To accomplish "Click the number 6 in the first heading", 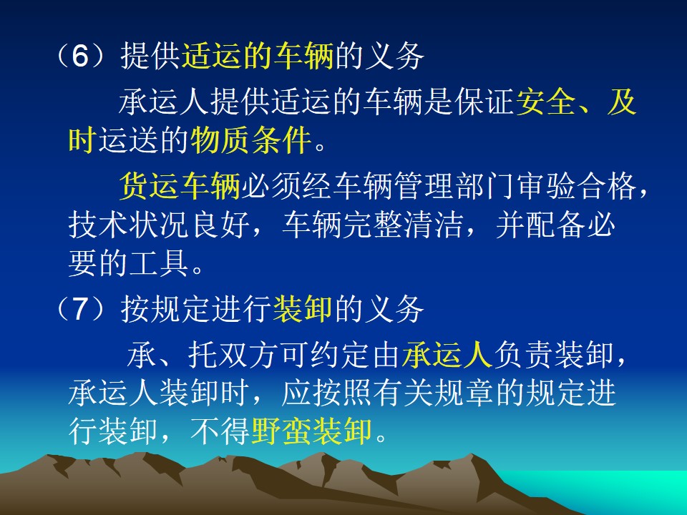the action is pyautogui.click(x=79, y=56).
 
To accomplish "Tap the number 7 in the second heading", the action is pyautogui.click(x=79, y=308).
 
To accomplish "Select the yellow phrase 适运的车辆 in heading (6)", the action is pyautogui.click(x=257, y=56).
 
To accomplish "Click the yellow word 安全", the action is pyautogui.click(x=545, y=102).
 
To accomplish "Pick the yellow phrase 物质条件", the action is pyautogui.click(x=250, y=140).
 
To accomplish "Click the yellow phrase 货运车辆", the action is pyautogui.click(x=180, y=186).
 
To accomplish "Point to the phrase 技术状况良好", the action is pyautogui.click(x=159, y=225).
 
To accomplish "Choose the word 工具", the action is pyautogui.click(x=159, y=264).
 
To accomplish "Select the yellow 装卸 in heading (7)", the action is pyautogui.click(x=303, y=308).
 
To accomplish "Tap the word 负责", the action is pyautogui.click(x=523, y=354).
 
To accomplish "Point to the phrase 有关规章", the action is pyautogui.click(x=434, y=393).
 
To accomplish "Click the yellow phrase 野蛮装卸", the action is pyautogui.click(x=311, y=431).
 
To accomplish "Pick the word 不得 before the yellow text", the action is pyautogui.click(x=220, y=431).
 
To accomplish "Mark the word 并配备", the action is pyautogui.click(x=540, y=225).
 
